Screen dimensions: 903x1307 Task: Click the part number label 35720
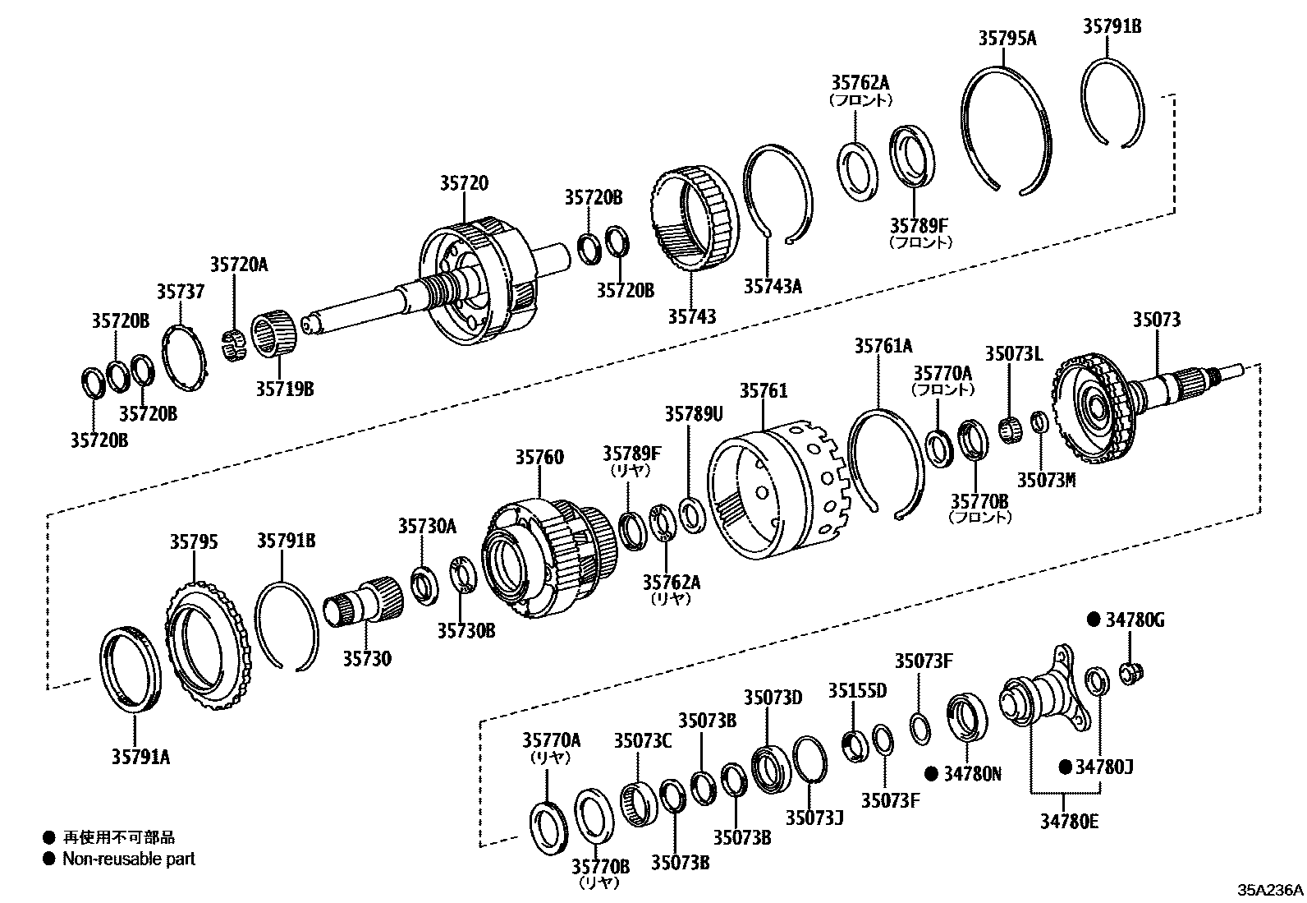463,183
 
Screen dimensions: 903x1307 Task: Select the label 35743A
773,286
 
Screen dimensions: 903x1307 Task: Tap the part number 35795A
1007,38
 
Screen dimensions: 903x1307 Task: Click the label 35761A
883,346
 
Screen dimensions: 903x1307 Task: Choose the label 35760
539,457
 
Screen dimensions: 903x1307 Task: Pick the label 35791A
141,757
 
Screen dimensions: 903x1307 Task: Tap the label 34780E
1065,821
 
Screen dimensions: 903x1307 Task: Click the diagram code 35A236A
1271,890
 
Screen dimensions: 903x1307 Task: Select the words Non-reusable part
129,859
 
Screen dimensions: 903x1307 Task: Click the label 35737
181,292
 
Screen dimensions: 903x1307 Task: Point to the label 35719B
284,389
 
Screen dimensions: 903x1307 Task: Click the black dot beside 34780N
931,773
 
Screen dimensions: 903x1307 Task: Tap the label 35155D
857,690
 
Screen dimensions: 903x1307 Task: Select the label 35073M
1046,479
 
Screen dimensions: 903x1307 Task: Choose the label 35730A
427,526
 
